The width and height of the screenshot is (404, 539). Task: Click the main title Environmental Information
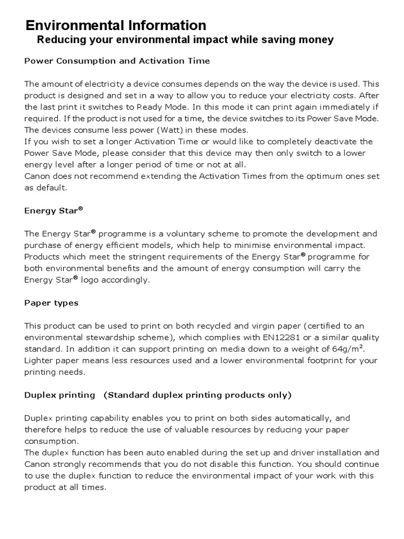[116, 25]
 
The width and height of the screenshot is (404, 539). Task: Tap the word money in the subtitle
[317, 40]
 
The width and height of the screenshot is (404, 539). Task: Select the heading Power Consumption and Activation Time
[117, 61]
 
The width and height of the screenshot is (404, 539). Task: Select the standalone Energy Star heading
[54, 211]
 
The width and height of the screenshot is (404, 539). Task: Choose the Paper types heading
[51, 303]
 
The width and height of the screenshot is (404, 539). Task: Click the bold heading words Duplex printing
[59, 395]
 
